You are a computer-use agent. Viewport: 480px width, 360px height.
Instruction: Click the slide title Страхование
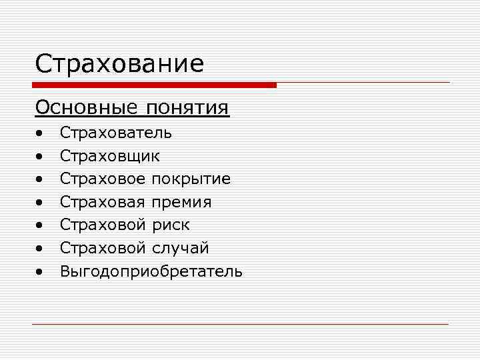pyautogui.click(x=119, y=65)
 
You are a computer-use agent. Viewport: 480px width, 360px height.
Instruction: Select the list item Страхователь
pyautogui.click(x=116, y=133)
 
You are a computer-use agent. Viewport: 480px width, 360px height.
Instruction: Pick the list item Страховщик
pyautogui.click(x=110, y=156)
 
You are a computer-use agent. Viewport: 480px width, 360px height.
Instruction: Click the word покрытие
pyautogui.click(x=191, y=179)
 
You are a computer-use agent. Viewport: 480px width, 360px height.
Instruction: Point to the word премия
pyautogui.click(x=182, y=202)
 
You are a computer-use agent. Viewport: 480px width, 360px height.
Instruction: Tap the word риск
pyautogui.click(x=171, y=225)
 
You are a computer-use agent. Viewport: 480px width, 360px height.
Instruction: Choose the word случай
pyautogui.click(x=181, y=249)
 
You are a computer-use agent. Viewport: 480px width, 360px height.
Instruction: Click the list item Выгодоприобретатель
pyautogui.click(x=151, y=271)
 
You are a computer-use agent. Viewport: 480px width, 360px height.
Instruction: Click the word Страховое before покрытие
pyautogui.click(x=103, y=179)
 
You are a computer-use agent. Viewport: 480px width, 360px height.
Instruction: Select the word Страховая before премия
pyautogui.click(x=103, y=202)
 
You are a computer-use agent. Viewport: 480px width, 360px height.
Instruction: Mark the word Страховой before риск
pyautogui.click(x=103, y=225)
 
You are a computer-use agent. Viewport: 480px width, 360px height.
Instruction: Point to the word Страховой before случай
pyautogui.click(x=103, y=249)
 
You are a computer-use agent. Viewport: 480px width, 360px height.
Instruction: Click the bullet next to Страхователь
pyautogui.click(x=41, y=134)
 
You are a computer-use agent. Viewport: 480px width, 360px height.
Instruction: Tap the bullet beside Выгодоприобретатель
pyautogui.click(x=41, y=273)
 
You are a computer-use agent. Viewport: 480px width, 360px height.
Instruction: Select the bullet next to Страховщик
pyautogui.click(x=41, y=157)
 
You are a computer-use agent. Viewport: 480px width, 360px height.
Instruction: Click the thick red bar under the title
pyautogui.click(x=154, y=85)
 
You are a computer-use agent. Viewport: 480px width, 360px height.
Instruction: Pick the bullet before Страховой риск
pyautogui.click(x=41, y=227)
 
